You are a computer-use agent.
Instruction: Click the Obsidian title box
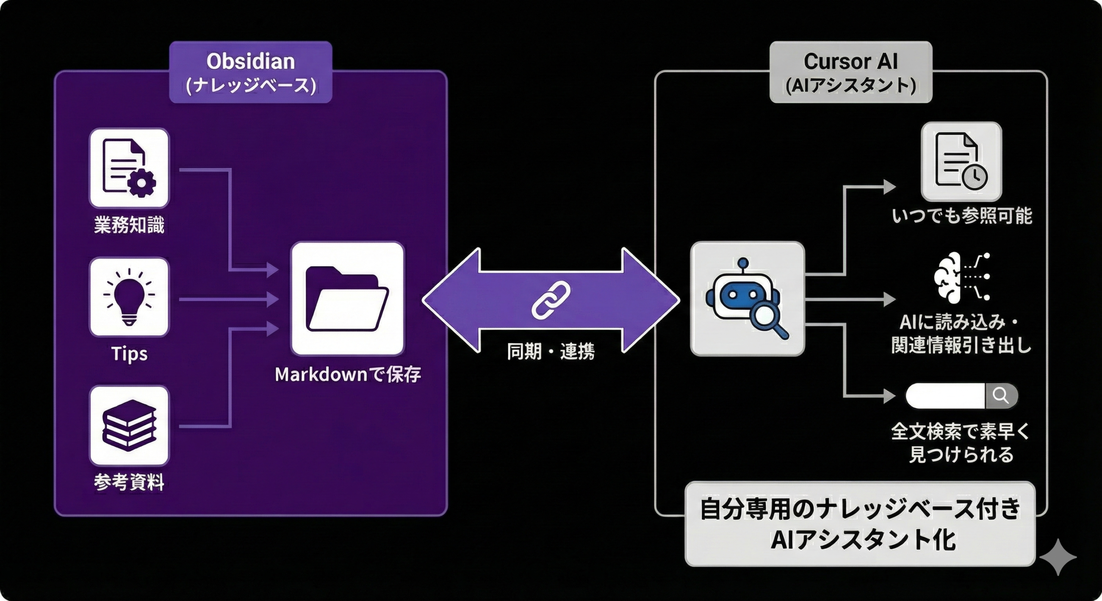[x=251, y=72]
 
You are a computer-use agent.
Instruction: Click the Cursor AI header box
[x=851, y=72]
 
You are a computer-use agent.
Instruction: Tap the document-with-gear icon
[x=129, y=168]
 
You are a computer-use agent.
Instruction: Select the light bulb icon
[x=129, y=297]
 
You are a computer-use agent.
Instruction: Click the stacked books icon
[x=129, y=425]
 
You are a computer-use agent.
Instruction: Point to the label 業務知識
[x=129, y=225]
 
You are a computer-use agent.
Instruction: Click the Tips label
[x=129, y=354]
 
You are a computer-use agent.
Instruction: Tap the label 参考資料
[x=129, y=482]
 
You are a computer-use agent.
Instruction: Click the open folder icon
[x=347, y=299]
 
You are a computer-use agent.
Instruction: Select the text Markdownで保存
[x=347, y=375]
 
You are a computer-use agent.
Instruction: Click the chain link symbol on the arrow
[x=551, y=300]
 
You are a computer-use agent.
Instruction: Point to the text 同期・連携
[x=551, y=351]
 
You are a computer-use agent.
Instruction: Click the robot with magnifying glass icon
[x=747, y=299]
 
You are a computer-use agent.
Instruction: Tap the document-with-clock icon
[x=961, y=161]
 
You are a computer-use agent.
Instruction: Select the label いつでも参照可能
[x=962, y=216]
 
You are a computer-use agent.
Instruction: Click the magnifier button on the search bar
[x=1001, y=395]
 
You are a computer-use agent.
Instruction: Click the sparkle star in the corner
[x=1058, y=557]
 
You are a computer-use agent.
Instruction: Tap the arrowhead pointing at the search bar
[x=888, y=395]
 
